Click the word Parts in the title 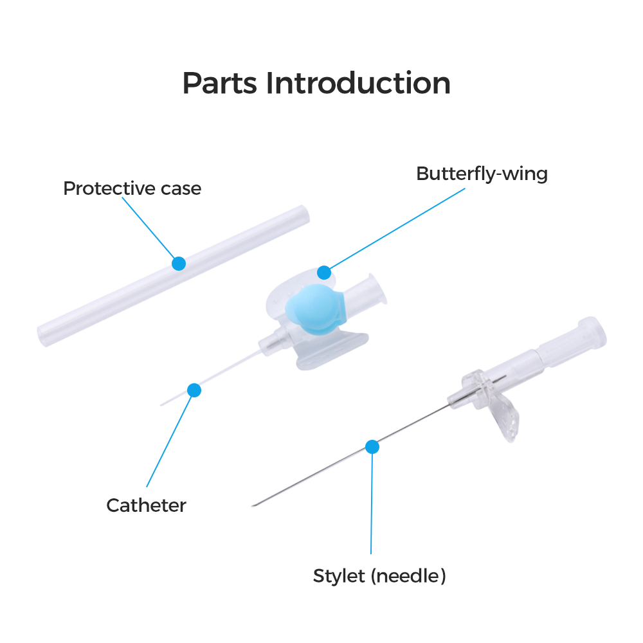click(x=220, y=83)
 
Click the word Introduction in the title click(x=358, y=83)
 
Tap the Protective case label click(x=132, y=188)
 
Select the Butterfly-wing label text click(x=482, y=174)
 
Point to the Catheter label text click(x=146, y=505)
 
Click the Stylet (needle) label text click(x=379, y=576)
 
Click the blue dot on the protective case click(x=179, y=263)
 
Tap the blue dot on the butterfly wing click(x=324, y=272)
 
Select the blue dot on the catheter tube click(x=194, y=390)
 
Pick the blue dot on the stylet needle click(x=372, y=447)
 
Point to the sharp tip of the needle click(x=253, y=505)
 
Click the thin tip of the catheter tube click(x=161, y=404)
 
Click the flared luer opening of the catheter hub click(x=377, y=289)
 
